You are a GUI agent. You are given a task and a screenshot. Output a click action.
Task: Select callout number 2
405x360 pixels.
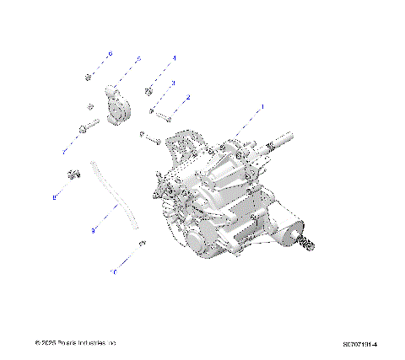click(x=187, y=98)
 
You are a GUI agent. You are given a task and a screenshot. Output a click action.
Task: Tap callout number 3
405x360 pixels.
click(x=173, y=83)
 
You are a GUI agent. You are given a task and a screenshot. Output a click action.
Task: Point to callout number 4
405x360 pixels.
click(x=174, y=57)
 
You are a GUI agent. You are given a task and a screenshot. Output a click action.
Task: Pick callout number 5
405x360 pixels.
click(x=139, y=58)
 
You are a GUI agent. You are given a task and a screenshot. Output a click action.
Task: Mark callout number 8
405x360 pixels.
click(x=55, y=197)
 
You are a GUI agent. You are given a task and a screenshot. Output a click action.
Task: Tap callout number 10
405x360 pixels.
click(x=113, y=272)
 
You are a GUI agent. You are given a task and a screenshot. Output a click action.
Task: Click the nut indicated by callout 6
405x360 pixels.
click(x=89, y=78)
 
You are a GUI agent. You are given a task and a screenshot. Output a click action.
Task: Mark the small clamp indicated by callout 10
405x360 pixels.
click(x=142, y=243)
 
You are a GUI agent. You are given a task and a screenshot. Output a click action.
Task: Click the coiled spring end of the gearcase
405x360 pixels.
click(x=308, y=243)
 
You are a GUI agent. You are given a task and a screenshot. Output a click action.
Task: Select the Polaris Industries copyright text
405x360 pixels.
click(x=74, y=343)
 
